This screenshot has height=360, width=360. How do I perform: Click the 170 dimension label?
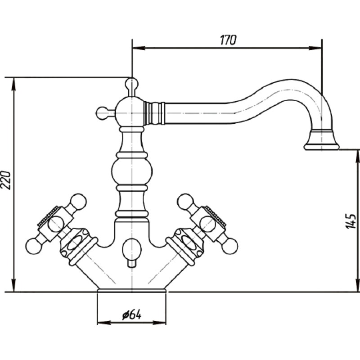(x=228, y=40)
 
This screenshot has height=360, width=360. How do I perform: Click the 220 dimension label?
(x=6, y=180)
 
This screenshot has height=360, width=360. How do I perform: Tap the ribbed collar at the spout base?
(x=154, y=113)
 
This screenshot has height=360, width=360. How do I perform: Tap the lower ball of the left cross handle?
(x=33, y=247)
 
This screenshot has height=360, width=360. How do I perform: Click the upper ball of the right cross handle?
(x=185, y=202)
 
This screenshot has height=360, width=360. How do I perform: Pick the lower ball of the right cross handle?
(x=230, y=247)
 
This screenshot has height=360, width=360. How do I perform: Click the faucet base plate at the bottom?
(x=132, y=291)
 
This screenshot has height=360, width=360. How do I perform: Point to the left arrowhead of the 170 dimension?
(x=139, y=48)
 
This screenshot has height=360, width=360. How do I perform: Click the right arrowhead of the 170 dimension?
(x=315, y=48)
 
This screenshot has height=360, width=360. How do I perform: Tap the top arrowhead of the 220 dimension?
(x=14, y=84)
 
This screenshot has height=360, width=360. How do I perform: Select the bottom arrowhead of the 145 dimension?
(x=357, y=285)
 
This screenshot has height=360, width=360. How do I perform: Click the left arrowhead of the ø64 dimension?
(x=104, y=322)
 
